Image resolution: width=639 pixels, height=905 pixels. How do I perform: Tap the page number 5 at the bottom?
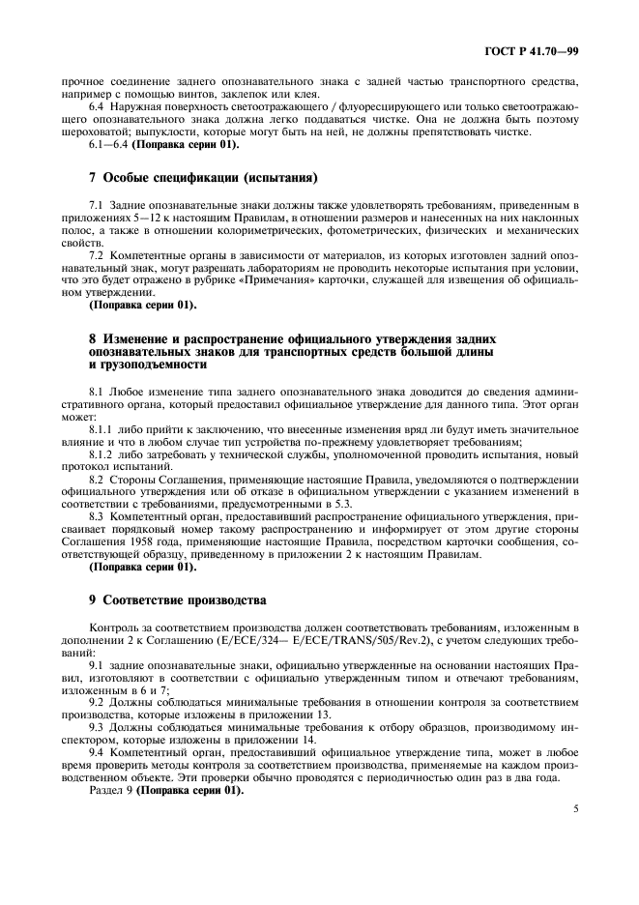575,811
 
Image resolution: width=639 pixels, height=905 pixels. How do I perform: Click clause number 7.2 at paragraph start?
97,254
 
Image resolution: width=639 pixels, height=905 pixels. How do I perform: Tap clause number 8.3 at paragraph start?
97,517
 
